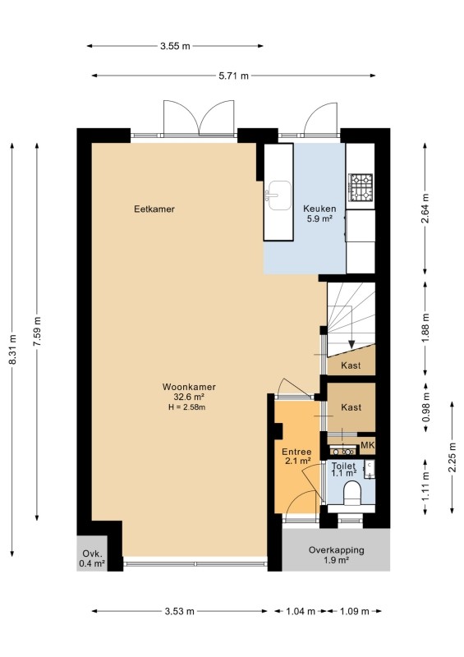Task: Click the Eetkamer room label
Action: pyautogui.click(x=154, y=209)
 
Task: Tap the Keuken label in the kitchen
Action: pyautogui.click(x=319, y=209)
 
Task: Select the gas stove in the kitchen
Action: pyautogui.click(x=361, y=187)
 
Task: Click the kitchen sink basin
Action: pyautogui.click(x=280, y=195)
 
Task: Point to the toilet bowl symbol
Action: pyautogui.click(x=352, y=494)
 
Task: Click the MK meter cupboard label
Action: pyautogui.click(x=367, y=445)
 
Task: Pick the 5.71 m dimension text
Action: pyautogui.click(x=233, y=76)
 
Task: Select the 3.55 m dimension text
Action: pyautogui.click(x=175, y=46)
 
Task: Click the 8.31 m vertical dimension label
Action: pyautogui.click(x=12, y=350)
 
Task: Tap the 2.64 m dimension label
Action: pyautogui.click(x=425, y=209)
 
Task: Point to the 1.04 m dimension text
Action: pyautogui.click(x=301, y=611)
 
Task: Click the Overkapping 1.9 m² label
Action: pyautogui.click(x=336, y=555)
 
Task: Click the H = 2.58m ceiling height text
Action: pyautogui.click(x=187, y=407)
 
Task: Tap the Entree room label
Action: pyautogui.click(x=296, y=453)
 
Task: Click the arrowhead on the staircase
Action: pyautogui.click(x=351, y=344)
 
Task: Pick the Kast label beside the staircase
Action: pyautogui.click(x=351, y=365)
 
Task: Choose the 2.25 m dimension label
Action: pyautogui.click(x=453, y=457)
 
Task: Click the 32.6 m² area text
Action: pyautogui.click(x=189, y=397)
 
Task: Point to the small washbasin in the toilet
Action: pyautogui.click(x=370, y=469)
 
